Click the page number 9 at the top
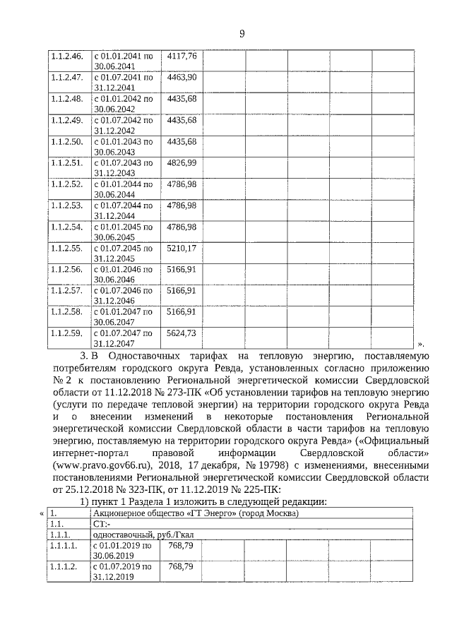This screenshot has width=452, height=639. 242,32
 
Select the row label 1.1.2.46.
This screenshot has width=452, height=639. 67,55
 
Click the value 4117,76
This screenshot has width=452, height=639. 182,55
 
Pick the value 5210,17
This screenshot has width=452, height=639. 182,248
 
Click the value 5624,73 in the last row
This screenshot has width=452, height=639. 182,333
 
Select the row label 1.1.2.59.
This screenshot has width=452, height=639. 67,333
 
